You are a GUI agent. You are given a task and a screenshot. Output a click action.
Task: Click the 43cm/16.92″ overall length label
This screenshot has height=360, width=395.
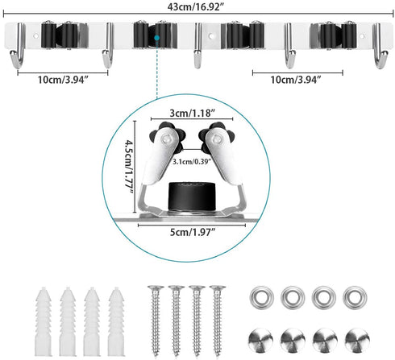tap(195, 6)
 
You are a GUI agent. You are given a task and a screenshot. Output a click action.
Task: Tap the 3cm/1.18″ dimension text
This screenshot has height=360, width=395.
tap(192, 113)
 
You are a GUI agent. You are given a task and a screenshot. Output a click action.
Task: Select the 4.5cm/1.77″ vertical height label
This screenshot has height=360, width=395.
tap(129, 167)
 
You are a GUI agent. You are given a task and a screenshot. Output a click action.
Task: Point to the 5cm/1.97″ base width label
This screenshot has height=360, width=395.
tap(192, 232)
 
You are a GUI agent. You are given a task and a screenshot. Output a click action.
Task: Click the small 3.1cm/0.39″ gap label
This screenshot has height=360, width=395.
tap(192, 162)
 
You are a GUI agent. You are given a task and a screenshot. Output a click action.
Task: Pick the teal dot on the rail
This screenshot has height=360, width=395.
tap(156, 38)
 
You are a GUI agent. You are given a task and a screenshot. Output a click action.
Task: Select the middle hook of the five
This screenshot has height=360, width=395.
tap(197, 46)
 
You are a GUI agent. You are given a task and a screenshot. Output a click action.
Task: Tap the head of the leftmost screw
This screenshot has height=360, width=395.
tap(156, 288)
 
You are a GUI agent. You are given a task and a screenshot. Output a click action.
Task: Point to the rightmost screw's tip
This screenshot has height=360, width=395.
tap(218, 356)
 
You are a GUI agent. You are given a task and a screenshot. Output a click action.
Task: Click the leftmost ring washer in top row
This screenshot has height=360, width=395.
tap(261, 297)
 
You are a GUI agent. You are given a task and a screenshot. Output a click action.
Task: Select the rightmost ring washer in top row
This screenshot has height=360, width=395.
tap(355, 297)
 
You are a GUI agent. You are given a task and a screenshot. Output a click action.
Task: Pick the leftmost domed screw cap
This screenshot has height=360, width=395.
tap(260, 340)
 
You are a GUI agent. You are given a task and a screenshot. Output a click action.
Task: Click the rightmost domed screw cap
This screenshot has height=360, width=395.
tap(357, 340)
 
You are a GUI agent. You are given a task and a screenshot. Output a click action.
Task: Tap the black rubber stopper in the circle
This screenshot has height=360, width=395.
tap(192, 197)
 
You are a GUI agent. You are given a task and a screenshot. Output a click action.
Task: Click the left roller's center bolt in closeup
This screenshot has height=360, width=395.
tap(166, 139)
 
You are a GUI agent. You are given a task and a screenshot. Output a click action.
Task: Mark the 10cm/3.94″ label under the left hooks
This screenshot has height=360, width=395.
tap(63, 80)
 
